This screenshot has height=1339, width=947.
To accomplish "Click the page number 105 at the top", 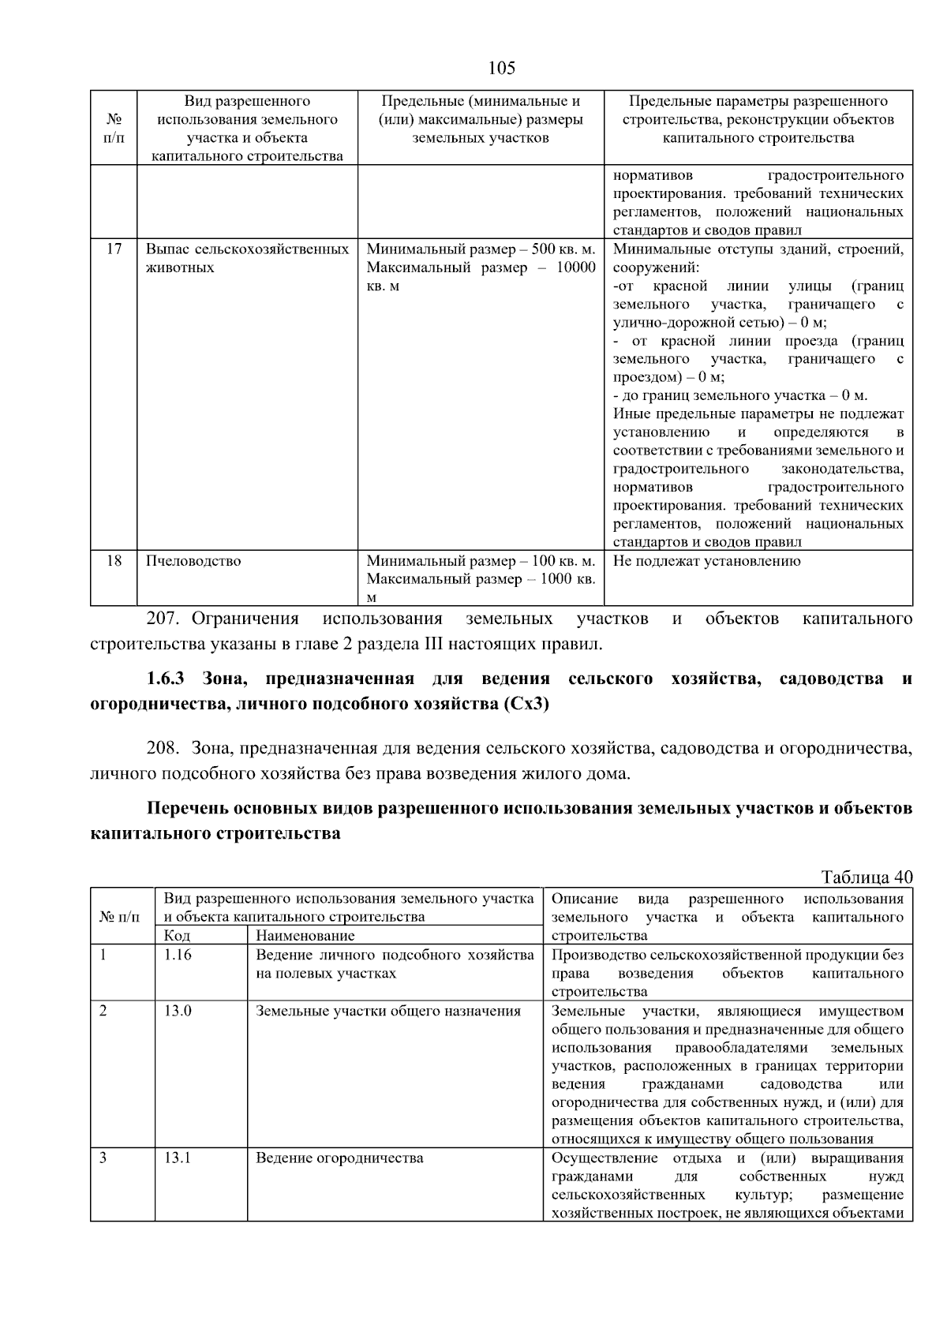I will (x=501, y=68).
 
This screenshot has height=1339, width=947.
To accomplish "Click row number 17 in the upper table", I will (x=114, y=249).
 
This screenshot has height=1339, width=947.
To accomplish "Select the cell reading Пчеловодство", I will (x=193, y=561).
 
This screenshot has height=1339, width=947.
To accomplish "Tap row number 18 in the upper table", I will (x=114, y=561).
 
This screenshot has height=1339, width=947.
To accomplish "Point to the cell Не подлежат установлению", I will (x=706, y=561).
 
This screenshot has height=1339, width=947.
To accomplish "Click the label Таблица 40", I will (x=867, y=877).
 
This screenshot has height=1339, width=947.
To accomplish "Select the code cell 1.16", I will (x=178, y=955).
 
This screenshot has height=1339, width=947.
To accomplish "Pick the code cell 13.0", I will (x=178, y=1011).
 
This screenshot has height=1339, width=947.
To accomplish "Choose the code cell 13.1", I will (x=178, y=1158).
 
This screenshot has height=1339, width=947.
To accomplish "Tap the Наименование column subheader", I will (x=305, y=936).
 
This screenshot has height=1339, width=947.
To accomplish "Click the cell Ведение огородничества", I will (x=339, y=1158).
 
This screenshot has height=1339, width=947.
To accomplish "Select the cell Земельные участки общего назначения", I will (x=387, y=1011).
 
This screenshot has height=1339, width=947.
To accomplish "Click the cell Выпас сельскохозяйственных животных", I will (x=247, y=258).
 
